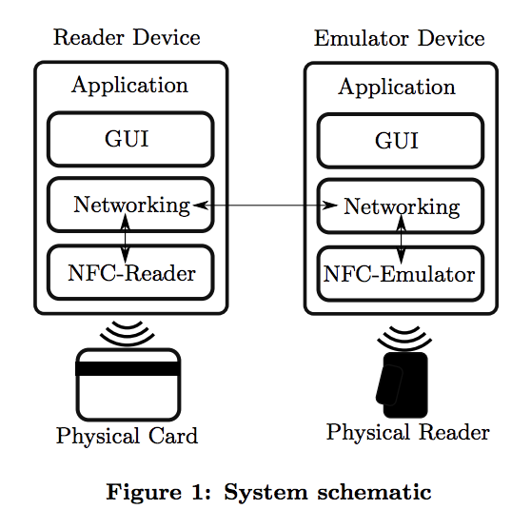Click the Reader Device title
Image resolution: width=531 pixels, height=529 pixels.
pos(127,38)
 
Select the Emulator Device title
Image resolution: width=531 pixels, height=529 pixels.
pos(399,39)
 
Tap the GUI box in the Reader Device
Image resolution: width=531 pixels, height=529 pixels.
pos(130,139)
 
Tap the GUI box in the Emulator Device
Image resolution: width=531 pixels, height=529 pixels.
pos(400,140)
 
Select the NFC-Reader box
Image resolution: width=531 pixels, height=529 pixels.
pos(130,274)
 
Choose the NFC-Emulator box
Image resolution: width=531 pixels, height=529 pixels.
pos(400,275)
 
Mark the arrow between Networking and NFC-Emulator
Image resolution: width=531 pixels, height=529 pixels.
pos(401,239)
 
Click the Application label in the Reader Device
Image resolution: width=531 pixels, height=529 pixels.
pos(130,86)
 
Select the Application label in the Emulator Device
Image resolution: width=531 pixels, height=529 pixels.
pos(397,88)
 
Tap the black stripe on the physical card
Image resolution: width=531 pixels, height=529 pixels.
pos(128,369)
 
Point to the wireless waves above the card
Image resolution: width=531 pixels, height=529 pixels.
pos(127,332)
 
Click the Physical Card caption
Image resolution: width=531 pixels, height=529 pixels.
pos(127,437)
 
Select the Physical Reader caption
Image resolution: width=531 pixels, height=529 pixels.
pos(407,433)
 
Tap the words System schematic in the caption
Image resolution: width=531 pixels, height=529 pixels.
pos(327,493)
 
